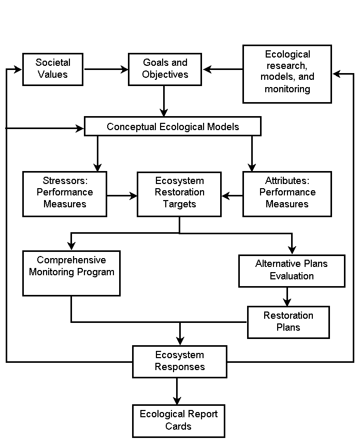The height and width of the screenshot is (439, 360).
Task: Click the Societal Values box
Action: (53, 69)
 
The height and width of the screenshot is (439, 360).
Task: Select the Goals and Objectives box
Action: (165, 69)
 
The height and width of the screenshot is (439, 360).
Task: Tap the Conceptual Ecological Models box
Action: (172, 126)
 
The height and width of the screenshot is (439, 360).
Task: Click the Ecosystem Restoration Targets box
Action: (179, 194)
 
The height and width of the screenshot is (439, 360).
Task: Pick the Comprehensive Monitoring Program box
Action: (71, 273)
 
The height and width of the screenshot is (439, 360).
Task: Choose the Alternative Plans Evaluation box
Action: (292, 271)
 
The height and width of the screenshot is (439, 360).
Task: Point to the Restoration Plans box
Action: (289, 322)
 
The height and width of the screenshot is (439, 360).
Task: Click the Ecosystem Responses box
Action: (180, 362)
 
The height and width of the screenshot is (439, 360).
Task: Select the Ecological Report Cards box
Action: (179, 421)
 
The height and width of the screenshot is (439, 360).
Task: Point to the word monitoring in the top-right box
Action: (287, 89)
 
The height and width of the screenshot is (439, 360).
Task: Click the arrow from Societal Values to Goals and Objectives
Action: (106, 69)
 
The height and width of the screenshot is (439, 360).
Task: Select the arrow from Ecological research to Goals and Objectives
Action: (223, 69)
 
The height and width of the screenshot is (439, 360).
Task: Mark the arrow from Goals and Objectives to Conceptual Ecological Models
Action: (164, 101)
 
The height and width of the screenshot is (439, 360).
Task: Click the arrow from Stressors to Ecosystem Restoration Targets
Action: (122, 196)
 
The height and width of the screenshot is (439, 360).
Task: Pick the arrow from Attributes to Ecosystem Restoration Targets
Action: (233, 196)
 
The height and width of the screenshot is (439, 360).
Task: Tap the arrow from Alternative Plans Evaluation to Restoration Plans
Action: (287, 297)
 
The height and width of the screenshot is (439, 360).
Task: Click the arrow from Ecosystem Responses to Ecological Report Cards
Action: (177, 391)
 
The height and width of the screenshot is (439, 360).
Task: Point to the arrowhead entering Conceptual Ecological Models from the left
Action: (80, 129)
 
